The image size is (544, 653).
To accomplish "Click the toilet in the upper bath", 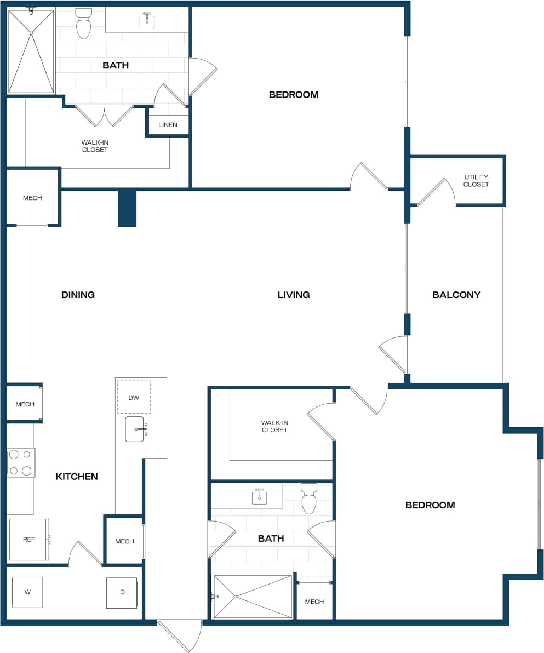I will (83, 24).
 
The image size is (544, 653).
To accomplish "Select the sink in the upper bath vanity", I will (147, 21).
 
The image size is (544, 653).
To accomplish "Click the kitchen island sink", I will (135, 429).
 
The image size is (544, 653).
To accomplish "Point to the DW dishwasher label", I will (134, 397).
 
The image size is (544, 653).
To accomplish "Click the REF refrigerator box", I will (29, 540).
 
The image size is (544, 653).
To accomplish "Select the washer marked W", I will (27, 592).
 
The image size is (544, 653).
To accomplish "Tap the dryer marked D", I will (122, 592).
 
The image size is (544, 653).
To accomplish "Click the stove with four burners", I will (21, 462).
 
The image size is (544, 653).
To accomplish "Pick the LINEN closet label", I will (168, 125).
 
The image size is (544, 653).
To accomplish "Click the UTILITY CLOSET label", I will (476, 181).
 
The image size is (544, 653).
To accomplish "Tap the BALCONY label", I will (456, 295).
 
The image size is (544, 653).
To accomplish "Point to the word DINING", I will (78, 295).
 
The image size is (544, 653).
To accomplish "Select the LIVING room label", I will (293, 295).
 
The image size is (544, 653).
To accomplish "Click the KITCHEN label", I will (77, 477).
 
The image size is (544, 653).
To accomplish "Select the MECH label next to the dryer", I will (124, 541).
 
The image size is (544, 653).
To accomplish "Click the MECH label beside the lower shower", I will (314, 602).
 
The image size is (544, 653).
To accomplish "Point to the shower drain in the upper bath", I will (31, 33).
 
